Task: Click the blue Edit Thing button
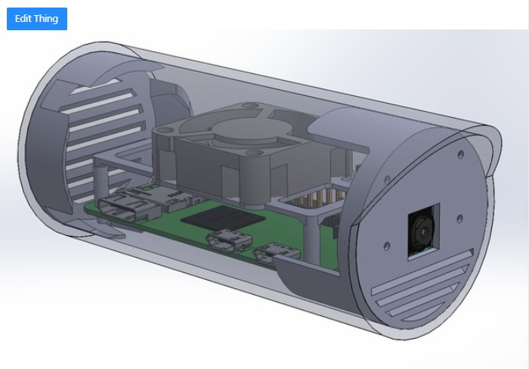(x=37, y=18)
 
